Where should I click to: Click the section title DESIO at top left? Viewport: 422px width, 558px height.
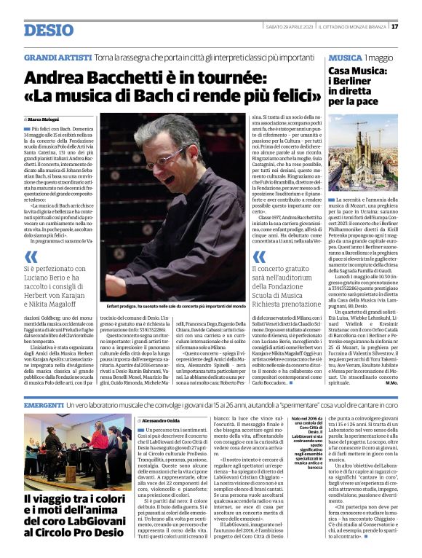pos(49,30)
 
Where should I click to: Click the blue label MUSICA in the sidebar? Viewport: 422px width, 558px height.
pos(345,57)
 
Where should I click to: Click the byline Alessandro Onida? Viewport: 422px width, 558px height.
pos(160,420)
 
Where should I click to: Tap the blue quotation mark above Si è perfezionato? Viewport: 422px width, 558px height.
pos(31,256)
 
